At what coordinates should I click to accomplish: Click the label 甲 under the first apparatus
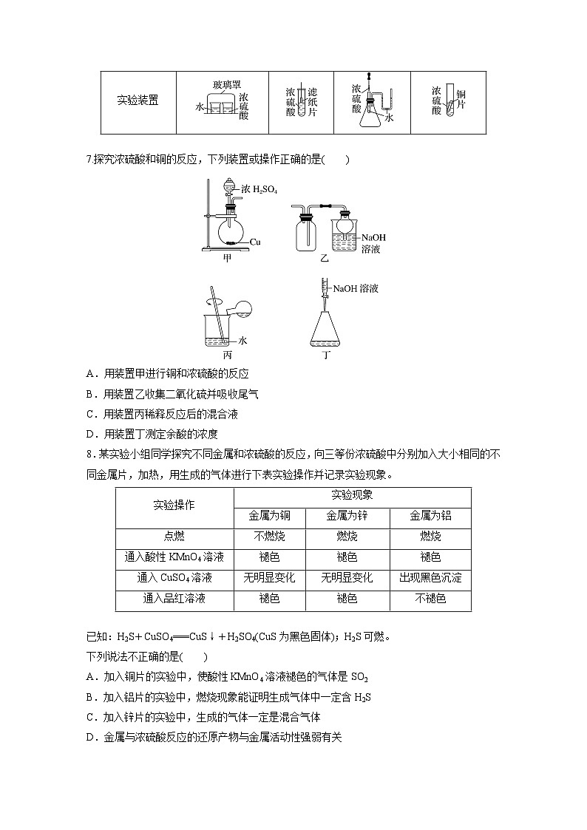coord(227,259)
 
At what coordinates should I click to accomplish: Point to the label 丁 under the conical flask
coord(326,354)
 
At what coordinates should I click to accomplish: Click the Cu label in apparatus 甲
coord(256,242)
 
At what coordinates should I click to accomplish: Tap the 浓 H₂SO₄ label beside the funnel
coord(259,189)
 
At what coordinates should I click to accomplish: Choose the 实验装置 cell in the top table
coord(138,101)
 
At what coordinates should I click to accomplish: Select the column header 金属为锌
coord(347,516)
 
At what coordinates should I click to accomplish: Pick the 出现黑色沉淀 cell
coord(430,578)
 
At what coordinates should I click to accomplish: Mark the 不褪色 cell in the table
coord(430,599)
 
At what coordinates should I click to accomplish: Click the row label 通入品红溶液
coord(174,599)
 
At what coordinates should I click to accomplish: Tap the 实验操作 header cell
coord(174,506)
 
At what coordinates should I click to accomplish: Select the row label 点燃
coord(174,536)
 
